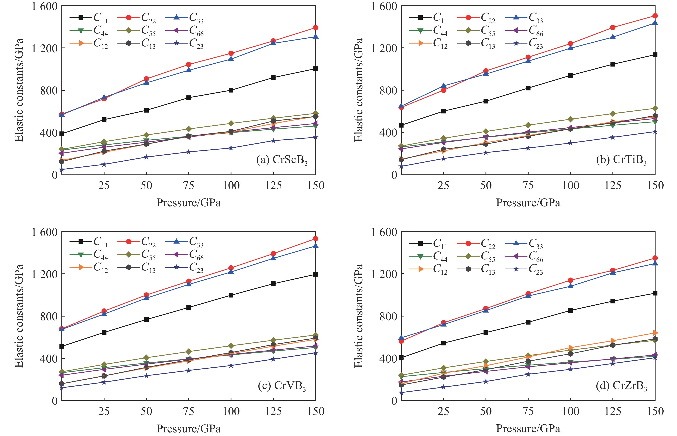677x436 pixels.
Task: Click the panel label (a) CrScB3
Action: pyautogui.click(x=282, y=160)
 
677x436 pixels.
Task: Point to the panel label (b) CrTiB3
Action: pyautogui.click(x=621, y=160)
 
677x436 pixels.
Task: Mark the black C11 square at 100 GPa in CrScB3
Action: pyautogui.click(x=231, y=90)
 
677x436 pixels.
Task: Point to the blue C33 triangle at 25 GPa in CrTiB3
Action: pyautogui.click(x=443, y=86)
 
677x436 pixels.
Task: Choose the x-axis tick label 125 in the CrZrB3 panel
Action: pyautogui.click(x=613, y=411)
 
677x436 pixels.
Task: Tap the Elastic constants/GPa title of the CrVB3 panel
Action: pyautogui.click(x=19, y=316)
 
